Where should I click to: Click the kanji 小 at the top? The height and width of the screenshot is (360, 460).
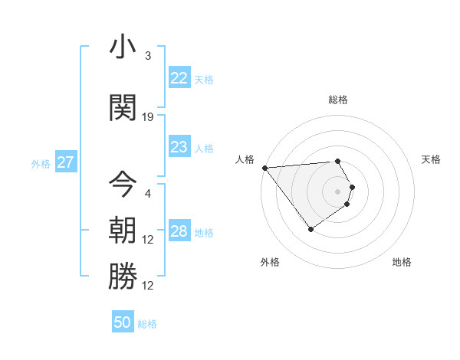[x=123, y=48]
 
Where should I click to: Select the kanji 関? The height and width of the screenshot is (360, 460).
[x=123, y=106]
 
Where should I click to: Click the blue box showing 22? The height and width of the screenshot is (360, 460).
[x=179, y=78]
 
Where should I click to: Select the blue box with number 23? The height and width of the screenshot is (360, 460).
[x=179, y=148]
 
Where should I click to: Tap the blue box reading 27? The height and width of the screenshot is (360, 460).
[x=66, y=162]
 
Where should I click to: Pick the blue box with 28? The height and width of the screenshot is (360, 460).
[x=179, y=232]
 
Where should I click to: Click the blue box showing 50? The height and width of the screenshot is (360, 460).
[x=122, y=322]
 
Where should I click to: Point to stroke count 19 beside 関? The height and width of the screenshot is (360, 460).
[x=148, y=116]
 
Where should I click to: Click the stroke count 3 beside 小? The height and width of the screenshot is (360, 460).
[x=148, y=56]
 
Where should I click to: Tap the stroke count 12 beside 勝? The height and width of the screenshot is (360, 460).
[x=148, y=286]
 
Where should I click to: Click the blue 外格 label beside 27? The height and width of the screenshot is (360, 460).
[x=41, y=163]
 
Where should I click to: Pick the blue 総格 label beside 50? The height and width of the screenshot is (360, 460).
[x=147, y=324]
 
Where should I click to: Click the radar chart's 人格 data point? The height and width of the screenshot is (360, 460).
[x=264, y=168]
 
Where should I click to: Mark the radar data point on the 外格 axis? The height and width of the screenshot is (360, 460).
[x=310, y=229]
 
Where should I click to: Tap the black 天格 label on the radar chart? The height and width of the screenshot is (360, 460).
[x=432, y=159]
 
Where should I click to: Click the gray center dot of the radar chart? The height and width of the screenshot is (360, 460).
[x=337, y=191]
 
